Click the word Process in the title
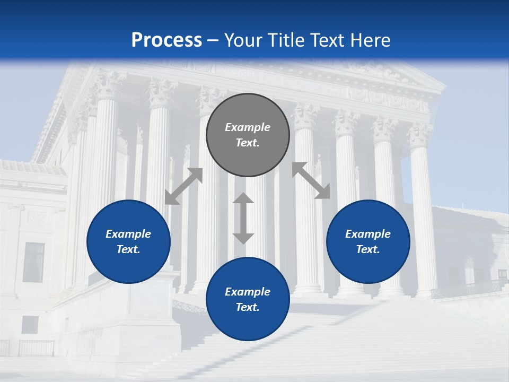(166, 40)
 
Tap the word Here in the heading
(371, 40)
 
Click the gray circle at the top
(248, 135)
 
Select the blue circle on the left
(128, 241)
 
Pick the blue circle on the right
(368, 241)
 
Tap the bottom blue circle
(248, 299)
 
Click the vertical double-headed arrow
(243, 218)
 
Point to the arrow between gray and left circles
(183, 186)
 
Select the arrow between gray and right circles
(311, 180)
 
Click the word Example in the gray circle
(248, 127)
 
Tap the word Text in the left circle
(128, 249)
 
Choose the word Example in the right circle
(368, 234)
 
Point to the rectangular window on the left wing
(34, 262)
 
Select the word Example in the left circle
(128, 234)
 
